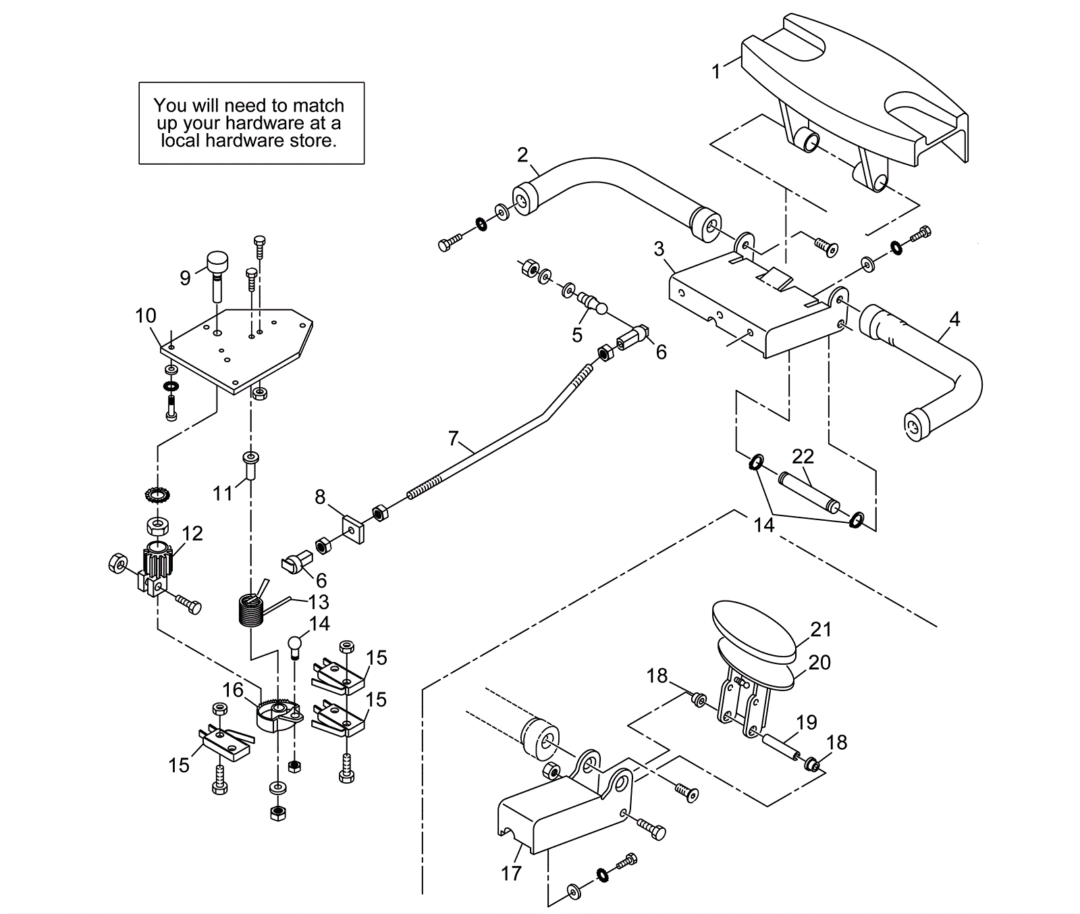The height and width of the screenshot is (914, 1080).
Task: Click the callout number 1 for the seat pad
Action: click(x=716, y=71)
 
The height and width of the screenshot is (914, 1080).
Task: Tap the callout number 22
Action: click(x=803, y=457)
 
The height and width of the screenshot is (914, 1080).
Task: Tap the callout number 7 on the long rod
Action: click(x=454, y=439)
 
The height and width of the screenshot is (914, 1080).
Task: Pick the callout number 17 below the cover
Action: click(x=511, y=873)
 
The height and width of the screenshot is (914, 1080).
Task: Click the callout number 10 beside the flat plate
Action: click(x=146, y=315)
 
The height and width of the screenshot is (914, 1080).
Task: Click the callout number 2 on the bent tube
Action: click(x=522, y=155)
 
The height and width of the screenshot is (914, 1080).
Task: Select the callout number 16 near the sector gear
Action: click(x=233, y=690)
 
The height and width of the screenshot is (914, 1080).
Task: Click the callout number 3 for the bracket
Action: click(x=659, y=249)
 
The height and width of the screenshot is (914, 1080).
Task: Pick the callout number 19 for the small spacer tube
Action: click(x=807, y=722)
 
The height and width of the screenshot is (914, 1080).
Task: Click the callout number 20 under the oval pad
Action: click(x=819, y=663)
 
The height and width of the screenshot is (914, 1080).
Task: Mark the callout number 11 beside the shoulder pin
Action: click(x=223, y=494)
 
